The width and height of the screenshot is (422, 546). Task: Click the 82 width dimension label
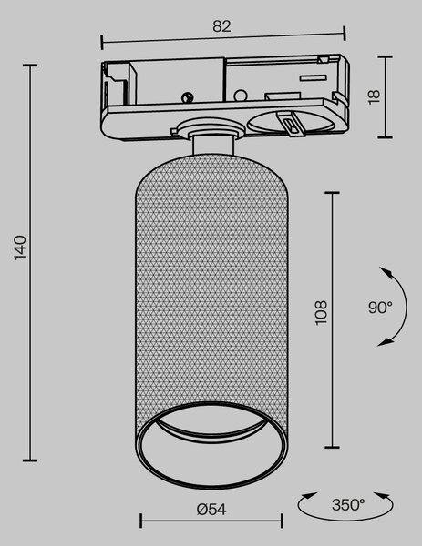coord(221,26)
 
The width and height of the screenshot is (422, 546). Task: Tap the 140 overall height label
coord(21,248)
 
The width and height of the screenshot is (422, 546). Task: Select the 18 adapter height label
coord(374,96)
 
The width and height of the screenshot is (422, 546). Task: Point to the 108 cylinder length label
coord(321,313)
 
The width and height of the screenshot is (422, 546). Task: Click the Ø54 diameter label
coord(211,510)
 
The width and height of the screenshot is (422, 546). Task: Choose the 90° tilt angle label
coord(380,308)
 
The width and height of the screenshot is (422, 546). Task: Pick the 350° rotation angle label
coord(348,504)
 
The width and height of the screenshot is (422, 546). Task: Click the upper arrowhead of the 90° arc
coord(385,272)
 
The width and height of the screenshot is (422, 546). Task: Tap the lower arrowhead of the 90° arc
coord(385,342)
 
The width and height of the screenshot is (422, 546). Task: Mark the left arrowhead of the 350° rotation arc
coord(309,496)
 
